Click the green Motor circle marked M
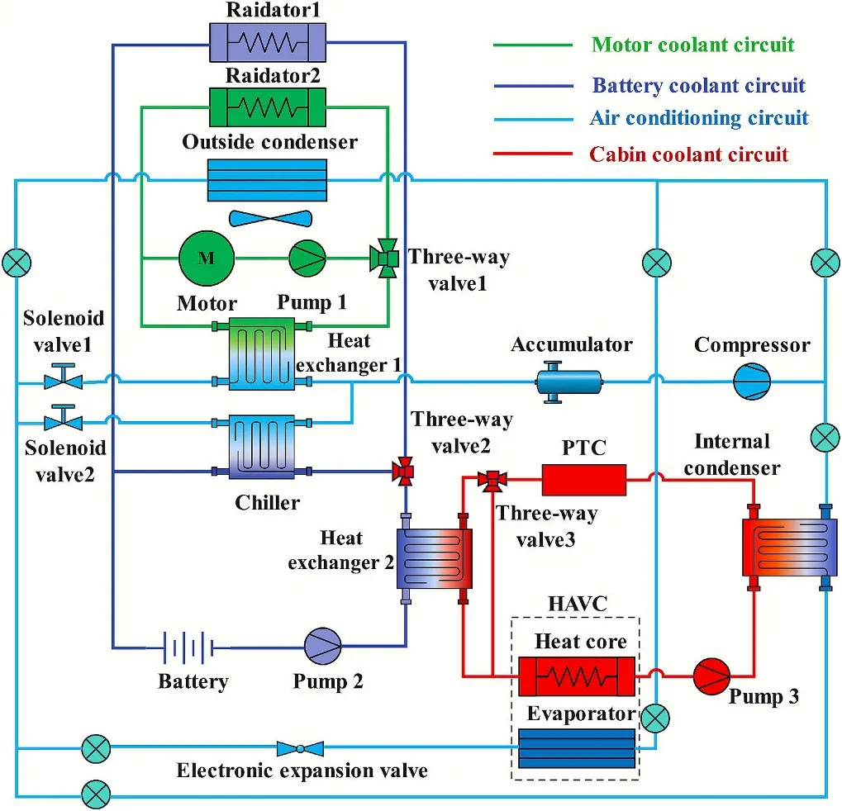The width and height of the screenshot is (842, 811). point(207,258)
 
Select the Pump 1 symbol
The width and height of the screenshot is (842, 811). point(307,258)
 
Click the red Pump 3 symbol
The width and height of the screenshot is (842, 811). point(710,676)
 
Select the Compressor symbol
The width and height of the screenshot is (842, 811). point(752,382)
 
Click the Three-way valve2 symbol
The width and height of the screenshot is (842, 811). point(405,472)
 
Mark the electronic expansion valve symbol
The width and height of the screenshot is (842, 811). point(299,748)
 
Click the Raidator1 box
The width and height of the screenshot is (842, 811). point(266,41)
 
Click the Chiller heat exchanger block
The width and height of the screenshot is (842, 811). point(261,445)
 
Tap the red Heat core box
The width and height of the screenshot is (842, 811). point(576,677)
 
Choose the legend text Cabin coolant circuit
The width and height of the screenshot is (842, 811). point(688,154)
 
